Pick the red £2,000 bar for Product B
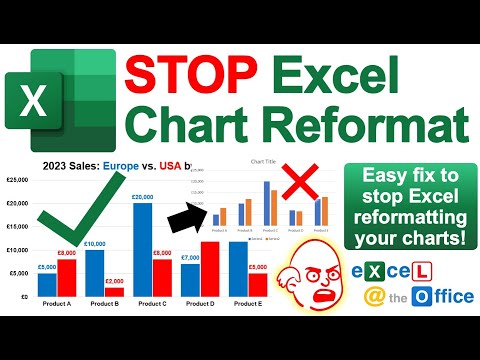click(x=114, y=291)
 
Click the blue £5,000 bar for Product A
click(x=47, y=284)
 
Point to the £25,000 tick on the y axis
click(x=17, y=180)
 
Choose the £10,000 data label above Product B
click(x=94, y=244)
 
